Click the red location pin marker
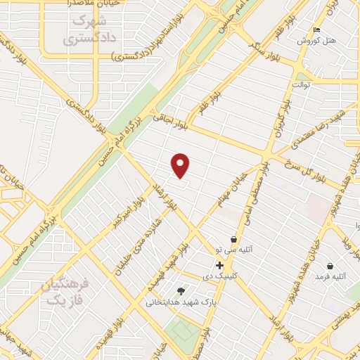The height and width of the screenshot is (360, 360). click(181, 165)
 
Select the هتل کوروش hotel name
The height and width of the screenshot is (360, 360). click(316, 41)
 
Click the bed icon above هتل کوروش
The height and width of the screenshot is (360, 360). click(316, 30)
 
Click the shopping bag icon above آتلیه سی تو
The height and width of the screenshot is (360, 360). click(234, 240)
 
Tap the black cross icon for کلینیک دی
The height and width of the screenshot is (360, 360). click(219, 266)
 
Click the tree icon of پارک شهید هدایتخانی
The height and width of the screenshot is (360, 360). click(181, 290)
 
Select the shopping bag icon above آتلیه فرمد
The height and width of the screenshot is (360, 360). click(330, 266)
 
